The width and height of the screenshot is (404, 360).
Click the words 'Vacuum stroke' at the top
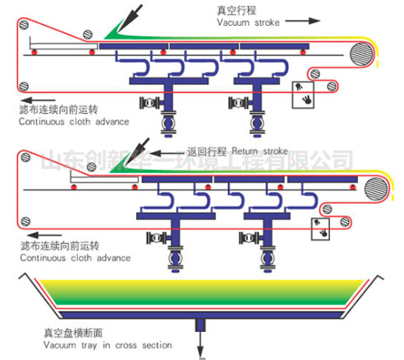coord(248,23)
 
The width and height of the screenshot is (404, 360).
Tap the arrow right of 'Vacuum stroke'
coord(303,21)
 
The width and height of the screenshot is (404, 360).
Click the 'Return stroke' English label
coord(260,151)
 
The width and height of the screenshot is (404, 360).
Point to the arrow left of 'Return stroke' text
coord(167,153)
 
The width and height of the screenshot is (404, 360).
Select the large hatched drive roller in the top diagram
coord(361,54)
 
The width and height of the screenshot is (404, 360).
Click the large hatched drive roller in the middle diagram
coord(376,189)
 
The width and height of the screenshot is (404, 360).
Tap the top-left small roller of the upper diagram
coord(24,25)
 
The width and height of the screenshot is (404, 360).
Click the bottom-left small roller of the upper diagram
coord(24,86)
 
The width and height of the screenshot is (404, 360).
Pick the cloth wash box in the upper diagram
coord(303,95)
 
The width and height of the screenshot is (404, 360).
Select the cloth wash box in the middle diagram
coord(321,229)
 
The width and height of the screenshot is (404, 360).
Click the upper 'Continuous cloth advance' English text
coord(74,122)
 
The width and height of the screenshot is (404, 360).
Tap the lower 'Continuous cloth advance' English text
coord(76,258)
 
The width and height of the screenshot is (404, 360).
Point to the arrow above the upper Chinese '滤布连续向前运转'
coord(38,101)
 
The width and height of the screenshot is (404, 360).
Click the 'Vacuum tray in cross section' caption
coord(107,345)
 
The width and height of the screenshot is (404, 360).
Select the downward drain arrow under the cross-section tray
coord(200,345)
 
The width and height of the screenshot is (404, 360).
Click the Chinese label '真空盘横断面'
coord(73,333)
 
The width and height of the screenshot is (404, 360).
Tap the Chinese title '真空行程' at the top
coord(237,11)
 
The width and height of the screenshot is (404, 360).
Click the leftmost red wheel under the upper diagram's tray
coord(34,52)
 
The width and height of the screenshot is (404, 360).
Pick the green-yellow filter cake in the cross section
coord(202,292)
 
